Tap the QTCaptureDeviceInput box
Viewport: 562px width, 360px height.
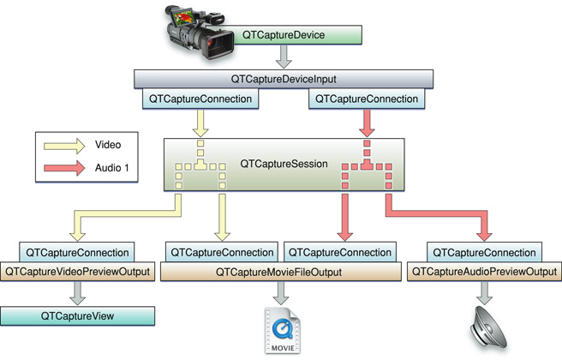pos(281,79)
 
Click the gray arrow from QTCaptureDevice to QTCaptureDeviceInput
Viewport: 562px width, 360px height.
pos(281,57)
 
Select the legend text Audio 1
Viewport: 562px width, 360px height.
pos(112,168)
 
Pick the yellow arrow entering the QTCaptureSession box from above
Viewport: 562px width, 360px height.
pos(200,123)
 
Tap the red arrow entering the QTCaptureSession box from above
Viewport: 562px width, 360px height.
pos(367,123)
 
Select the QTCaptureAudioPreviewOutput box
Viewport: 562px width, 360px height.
pos(486,273)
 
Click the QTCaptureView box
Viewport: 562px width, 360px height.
pos(77,316)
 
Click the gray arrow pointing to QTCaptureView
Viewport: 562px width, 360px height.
pos(78,295)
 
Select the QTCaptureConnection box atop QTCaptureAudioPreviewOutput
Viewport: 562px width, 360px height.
pos(486,253)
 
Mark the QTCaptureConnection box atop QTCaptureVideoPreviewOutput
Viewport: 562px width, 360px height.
pos(78,253)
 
